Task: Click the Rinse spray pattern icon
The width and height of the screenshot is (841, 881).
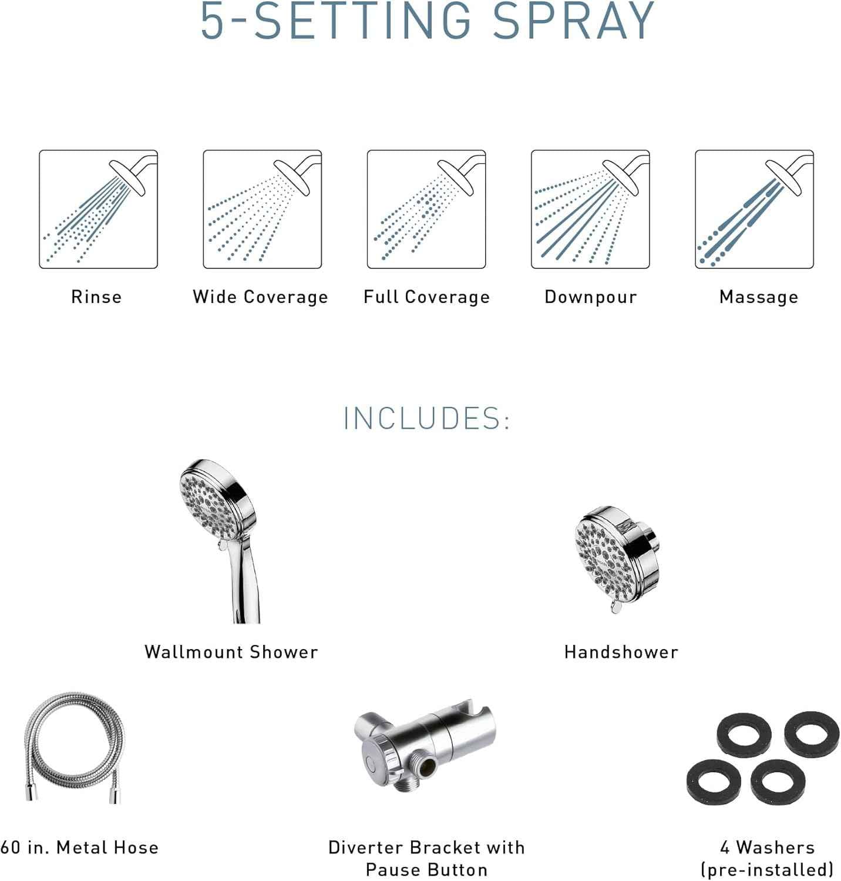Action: click(98, 209)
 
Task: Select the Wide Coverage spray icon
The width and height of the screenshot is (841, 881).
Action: click(262, 209)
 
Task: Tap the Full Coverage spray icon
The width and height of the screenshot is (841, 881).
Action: click(426, 209)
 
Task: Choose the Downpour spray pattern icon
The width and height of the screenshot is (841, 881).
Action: click(590, 209)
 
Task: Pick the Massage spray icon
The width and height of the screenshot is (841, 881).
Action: click(754, 209)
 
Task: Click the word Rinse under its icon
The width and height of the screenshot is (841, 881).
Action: click(96, 297)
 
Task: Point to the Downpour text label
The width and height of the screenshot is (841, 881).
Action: click(591, 297)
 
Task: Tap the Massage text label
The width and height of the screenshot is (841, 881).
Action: click(759, 297)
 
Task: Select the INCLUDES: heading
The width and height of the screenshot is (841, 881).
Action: click(426, 418)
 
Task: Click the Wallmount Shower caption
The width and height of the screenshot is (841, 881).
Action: click(231, 652)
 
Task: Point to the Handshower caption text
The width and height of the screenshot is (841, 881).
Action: click(621, 652)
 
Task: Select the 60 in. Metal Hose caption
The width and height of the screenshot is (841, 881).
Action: click(79, 848)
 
